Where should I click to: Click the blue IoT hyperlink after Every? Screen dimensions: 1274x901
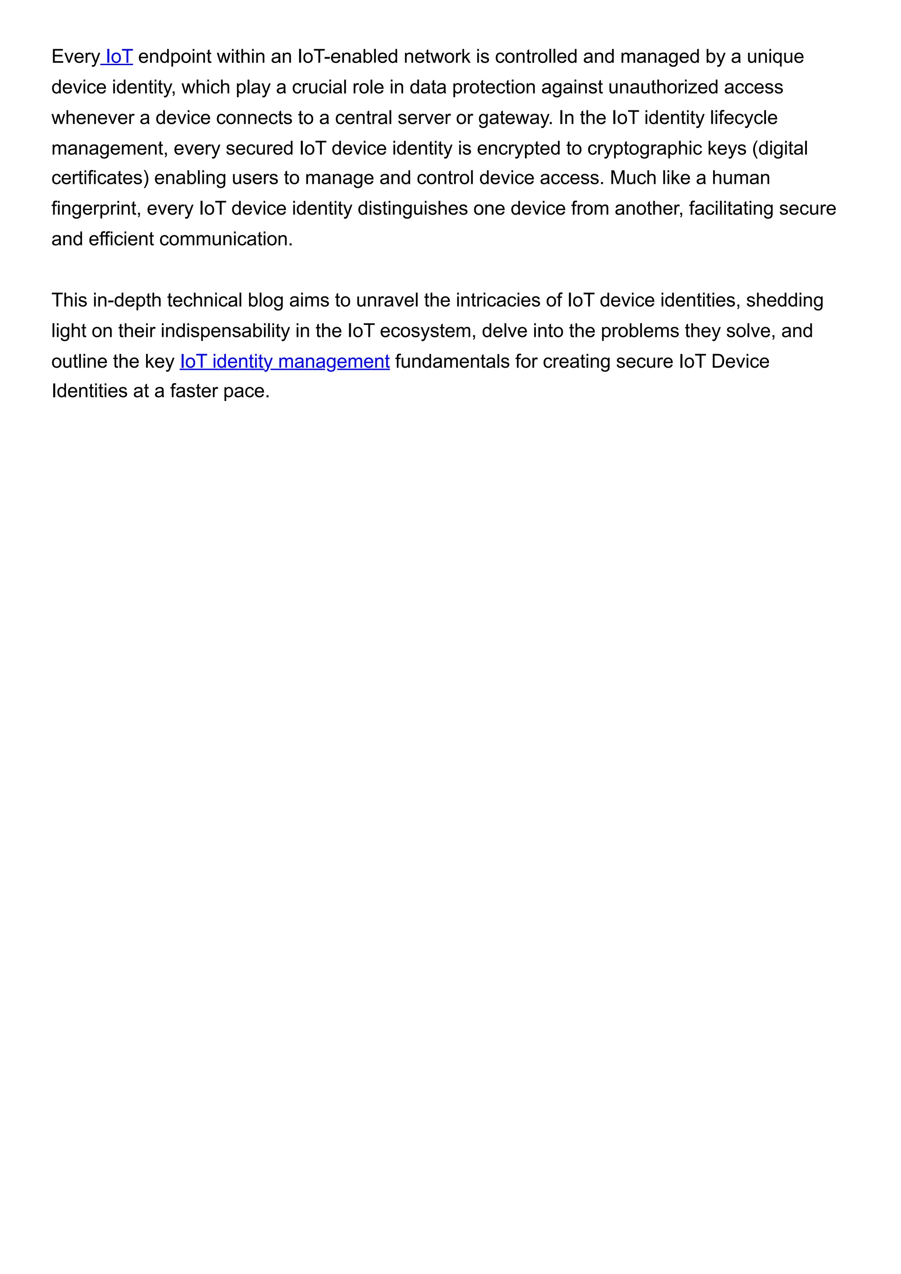118,57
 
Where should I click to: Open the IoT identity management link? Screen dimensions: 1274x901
284,362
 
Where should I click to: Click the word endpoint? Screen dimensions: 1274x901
174,57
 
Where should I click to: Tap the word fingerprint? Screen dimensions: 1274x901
93,208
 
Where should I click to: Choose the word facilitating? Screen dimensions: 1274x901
731,208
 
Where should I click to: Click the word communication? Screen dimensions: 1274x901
225,239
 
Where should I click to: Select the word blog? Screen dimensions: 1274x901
265,301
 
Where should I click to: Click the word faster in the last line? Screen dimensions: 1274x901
194,391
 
